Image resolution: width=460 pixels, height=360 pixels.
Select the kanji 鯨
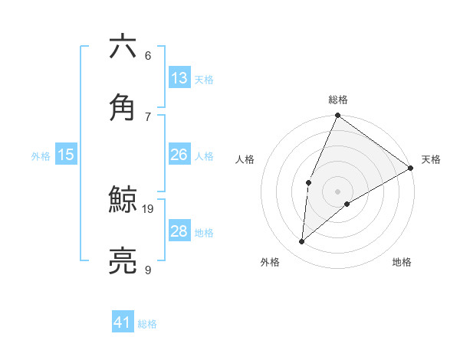tap(123, 201)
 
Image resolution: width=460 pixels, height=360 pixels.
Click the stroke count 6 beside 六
tap(148, 56)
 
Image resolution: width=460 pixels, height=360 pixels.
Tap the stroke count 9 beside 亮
tap(148, 269)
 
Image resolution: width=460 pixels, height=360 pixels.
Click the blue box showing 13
tap(179, 78)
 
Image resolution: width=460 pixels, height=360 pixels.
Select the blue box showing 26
tap(179, 155)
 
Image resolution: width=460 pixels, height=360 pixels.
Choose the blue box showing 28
tap(179, 231)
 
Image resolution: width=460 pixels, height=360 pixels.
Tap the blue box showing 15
tap(66, 155)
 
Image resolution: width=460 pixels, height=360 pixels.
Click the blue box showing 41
tap(123, 322)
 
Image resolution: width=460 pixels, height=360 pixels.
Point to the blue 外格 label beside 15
tap(41, 156)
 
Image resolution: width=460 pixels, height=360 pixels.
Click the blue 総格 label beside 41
tap(147, 324)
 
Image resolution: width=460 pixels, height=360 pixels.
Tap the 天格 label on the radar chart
tap(431, 159)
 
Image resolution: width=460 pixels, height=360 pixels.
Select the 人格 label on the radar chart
tap(245, 159)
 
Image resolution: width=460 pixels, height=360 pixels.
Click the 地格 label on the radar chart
tap(402, 262)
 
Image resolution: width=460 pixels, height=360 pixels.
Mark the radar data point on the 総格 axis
tap(337, 116)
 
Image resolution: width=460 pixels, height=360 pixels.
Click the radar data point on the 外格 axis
tap(302, 242)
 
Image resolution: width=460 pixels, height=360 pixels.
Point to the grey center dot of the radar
tap(337, 191)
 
